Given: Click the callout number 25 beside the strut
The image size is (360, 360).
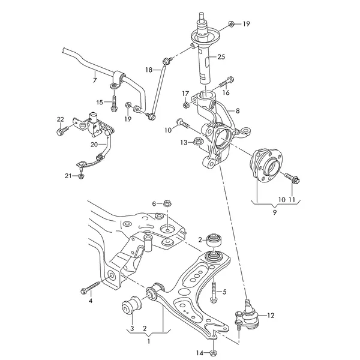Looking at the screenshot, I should coord(221,57).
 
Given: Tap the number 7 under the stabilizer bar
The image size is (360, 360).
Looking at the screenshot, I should coord(95,80).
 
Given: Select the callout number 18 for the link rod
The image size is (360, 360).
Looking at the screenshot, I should coord(149,70).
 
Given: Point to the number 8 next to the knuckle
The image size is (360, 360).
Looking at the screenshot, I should coord(238,111).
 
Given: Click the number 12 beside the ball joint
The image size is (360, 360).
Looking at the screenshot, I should coord(270,315).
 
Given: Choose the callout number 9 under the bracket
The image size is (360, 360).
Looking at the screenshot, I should coord(275,212).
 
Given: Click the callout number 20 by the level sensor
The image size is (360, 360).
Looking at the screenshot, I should coord(94,145).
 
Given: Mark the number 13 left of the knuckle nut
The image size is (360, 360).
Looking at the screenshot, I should coord(167,142).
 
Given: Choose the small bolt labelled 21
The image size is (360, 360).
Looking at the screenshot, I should coord(80,176).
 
